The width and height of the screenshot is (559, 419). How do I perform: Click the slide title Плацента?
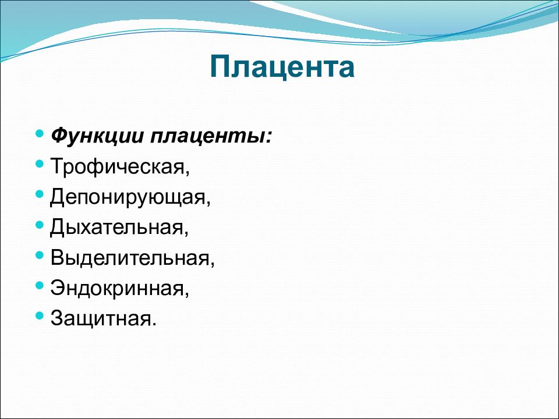pos(282,66)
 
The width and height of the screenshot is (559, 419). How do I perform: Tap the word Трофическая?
pos(120,166)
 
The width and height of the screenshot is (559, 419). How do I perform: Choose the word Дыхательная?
pos(119,227)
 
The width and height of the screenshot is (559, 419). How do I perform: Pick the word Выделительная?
pos(132,258)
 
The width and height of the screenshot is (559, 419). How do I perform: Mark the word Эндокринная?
pos(119,288)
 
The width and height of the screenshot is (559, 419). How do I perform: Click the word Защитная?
pos(104,318)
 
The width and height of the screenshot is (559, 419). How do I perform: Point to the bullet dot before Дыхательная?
pos(40,225)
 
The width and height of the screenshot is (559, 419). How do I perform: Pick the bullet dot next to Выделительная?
pos(40,255)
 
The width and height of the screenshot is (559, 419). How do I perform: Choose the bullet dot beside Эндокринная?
pos(40,285)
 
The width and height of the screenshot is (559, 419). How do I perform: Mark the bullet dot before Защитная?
pos(40,315)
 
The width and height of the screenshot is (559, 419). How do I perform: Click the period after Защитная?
pos(154,324)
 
